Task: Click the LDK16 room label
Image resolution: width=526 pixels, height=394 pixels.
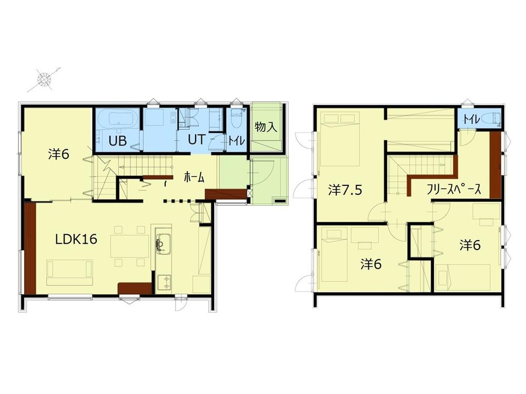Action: pyautogui.click(x=77, y=240)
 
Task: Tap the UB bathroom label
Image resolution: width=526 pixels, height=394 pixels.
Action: pyautogui.click(x=117, y=141)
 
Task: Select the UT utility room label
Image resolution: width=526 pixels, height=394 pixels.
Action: pyautogui.click(x=197, y=141)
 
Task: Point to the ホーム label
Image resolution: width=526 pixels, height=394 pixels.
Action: pyautogui.click(x=194, y=178)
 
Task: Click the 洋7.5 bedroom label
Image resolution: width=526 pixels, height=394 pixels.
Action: pyautogui.click(x=345, y=190)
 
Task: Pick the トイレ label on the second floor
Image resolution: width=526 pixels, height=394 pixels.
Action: pyautogui.click(x=470, y=120)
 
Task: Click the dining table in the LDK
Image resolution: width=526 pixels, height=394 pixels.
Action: pyautogui.click(x=130, y=245)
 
